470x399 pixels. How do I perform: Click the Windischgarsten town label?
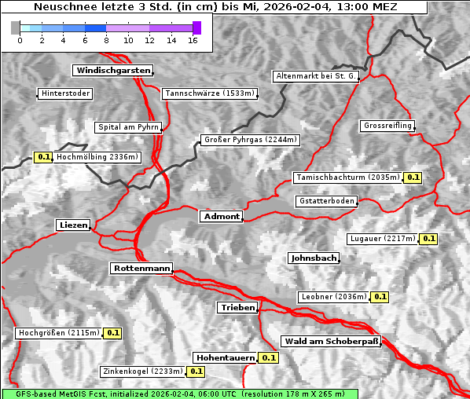click(x=112, y=71)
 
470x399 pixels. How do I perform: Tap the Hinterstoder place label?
click(x=65, y=93)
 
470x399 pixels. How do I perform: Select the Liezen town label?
click(x=74, y=225)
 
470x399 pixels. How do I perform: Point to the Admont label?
click(x=221, y=217)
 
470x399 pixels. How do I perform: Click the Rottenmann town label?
click(x=141, y=269)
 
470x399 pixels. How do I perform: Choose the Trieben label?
click(x=237, y=308)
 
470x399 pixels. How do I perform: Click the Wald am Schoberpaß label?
click(x=330, y=342)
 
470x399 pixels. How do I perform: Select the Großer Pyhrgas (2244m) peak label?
click(x=249, y=141)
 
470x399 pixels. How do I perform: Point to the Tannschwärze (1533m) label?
click(x=210, y=93)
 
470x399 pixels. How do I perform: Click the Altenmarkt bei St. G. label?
click(x=316, y=76)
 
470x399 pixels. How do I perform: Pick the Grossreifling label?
click(x=387, y=126)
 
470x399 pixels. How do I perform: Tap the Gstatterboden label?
click(x=326, y=201)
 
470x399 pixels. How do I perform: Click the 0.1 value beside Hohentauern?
click(x=270, y=357)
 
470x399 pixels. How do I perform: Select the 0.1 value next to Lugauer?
click(x=428, y=239)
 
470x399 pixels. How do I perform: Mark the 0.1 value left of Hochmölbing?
click(x=44, y=157)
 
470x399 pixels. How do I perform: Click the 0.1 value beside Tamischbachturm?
click(x=413, y=178)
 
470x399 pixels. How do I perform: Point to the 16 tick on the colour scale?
click(x=193, y=39)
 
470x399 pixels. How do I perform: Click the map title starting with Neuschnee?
click(x=215, y=7)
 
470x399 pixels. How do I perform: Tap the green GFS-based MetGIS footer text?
click(x=179, y=394)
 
